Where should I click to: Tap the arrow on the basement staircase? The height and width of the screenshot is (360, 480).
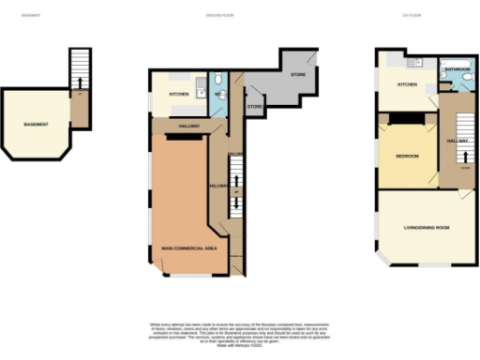[x=80, y=93]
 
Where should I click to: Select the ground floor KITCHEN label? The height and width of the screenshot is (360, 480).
[x=178, y=95]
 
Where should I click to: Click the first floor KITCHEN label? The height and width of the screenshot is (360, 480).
[x=406, y=85]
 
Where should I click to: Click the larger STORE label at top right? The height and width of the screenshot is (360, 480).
[x=298, y=74]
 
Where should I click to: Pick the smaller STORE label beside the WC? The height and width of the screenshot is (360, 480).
[x=254, y=107]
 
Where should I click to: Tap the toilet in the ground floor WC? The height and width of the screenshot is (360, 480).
[x=217, y=80]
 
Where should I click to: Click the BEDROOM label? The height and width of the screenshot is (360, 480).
[x=407, y=156]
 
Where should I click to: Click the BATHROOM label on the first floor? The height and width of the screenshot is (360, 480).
[x=457, y=70]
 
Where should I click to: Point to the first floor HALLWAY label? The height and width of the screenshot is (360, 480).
[x=458, y=141]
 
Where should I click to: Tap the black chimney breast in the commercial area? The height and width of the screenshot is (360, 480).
[x=187, y=137]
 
